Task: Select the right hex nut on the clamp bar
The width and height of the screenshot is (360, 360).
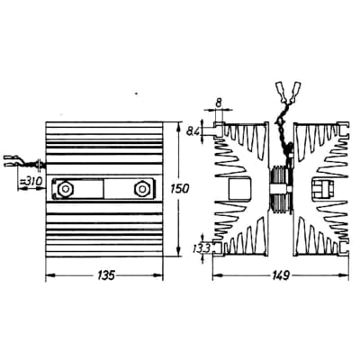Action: click(141, 190)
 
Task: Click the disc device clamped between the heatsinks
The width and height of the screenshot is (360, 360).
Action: click(282, 188)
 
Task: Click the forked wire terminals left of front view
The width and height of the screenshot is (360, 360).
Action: click(16, 162)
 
